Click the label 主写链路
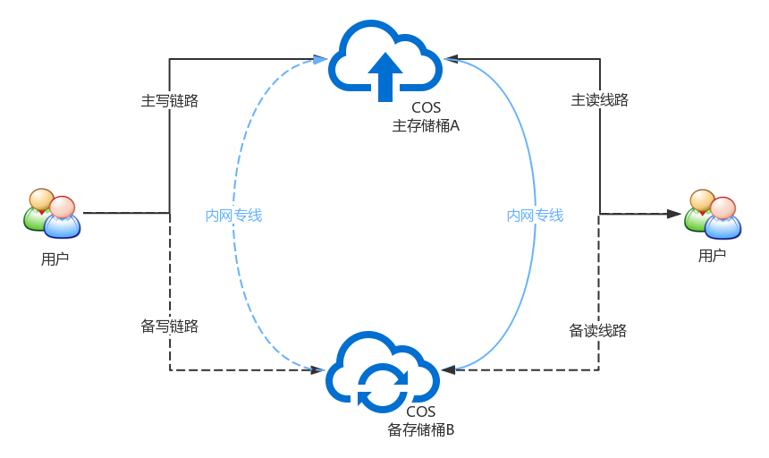(169, 100)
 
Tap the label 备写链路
(169, 326)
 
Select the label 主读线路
(599, 100)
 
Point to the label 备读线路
(597, 330)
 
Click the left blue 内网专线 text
(233, 215)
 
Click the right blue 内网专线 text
(535, 215)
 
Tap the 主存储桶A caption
(426, 126)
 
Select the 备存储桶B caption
(421, 429)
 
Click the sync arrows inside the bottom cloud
(383, 386)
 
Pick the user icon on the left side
(52, 213)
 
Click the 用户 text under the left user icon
(55, 259)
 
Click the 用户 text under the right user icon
(712, 255)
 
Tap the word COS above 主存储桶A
(426, 108)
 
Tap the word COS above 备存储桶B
(420, 411)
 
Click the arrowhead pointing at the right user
(672, 214)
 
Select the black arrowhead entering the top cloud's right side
(452, 59)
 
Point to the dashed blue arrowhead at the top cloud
(320, 60)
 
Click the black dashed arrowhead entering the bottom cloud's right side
(449, 369)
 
